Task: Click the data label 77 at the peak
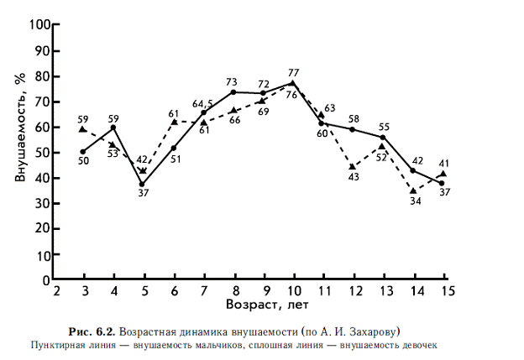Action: point(294,73)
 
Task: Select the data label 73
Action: point(233,82)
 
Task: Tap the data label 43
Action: point(354,177)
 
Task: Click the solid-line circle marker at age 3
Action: point(83,151)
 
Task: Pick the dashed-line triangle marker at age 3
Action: point(82,129)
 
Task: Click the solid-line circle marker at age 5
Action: point(143,185)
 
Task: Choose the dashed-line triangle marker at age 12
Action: point(353,166)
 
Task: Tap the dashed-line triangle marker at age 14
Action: point(412,191)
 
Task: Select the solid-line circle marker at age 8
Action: point(233,91)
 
